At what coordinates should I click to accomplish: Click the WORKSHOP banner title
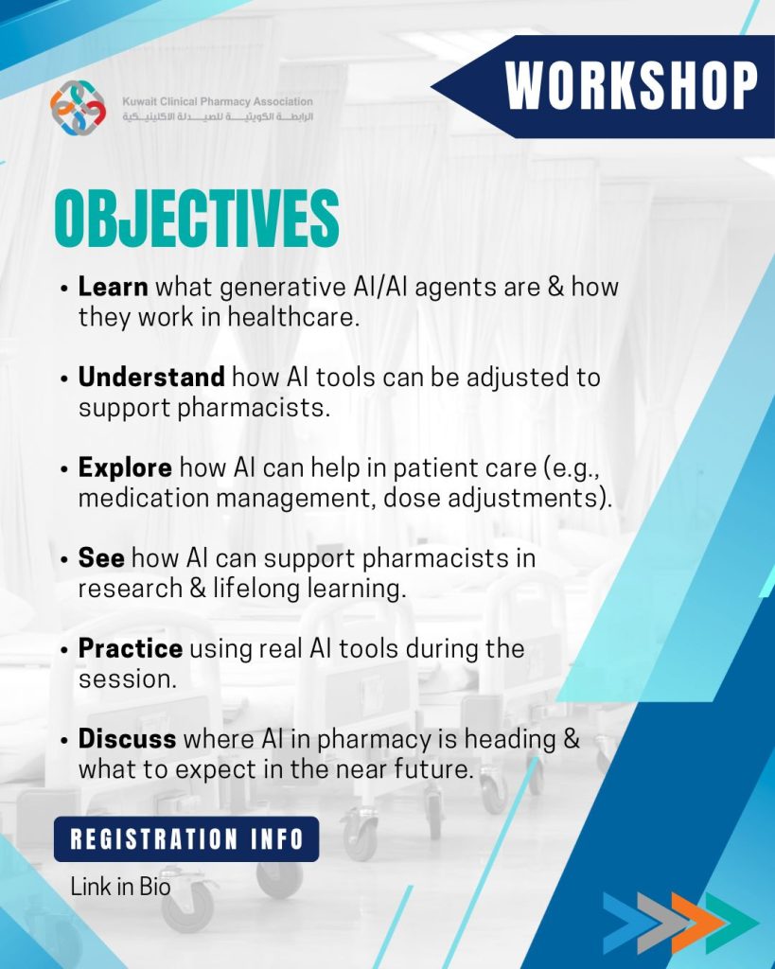[631, 85]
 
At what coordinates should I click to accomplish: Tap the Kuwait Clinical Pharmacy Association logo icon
[78, 108]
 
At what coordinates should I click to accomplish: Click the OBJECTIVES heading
[197, 219]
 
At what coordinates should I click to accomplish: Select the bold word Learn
[114, 287]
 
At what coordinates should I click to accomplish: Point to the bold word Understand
[151, 377]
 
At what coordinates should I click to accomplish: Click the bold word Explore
[125, 467]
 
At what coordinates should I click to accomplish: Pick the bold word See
[101, 558]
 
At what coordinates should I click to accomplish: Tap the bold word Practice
[131, 648]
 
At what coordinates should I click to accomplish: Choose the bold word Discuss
[128, 739]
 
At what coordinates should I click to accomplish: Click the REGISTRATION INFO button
[186, 839]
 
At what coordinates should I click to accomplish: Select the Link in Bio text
[120, 886]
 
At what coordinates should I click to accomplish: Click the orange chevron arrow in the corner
[697, 922]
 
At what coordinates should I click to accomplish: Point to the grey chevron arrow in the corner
[663, 922]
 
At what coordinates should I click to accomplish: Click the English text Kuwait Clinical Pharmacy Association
[218, 101]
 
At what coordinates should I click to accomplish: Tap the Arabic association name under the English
[218, 116]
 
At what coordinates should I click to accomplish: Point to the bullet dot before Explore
[64, 469]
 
